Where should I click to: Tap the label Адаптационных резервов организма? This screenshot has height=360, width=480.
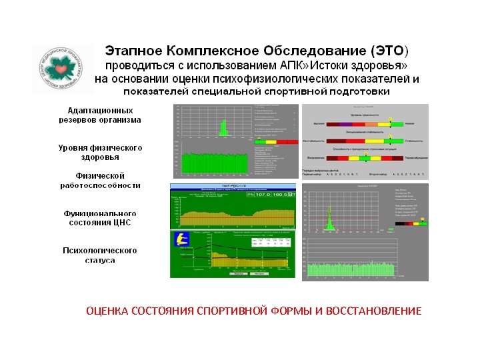coord(104,115)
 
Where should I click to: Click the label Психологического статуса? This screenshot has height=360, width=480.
coord(100,255)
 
